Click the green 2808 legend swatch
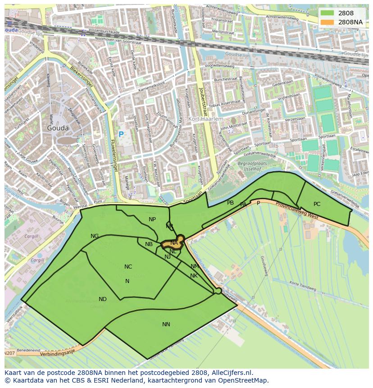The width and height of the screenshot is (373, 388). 328,13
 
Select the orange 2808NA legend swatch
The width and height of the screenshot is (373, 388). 328,22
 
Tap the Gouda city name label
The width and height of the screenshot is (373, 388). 58,128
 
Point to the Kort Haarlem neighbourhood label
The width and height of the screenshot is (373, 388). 205,119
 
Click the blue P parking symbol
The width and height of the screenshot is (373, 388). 121,134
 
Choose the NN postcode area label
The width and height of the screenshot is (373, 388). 166,324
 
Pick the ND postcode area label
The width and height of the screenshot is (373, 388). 103,299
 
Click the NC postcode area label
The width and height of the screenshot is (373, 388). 128,267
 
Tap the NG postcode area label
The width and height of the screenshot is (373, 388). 95,236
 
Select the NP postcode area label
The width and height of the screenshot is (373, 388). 152,219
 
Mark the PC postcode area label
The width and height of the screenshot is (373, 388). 317,204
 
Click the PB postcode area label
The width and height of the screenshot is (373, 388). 231,203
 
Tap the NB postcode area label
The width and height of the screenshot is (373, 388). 149,244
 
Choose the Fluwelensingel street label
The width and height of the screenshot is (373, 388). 114,155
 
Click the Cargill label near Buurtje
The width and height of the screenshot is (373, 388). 32,237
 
